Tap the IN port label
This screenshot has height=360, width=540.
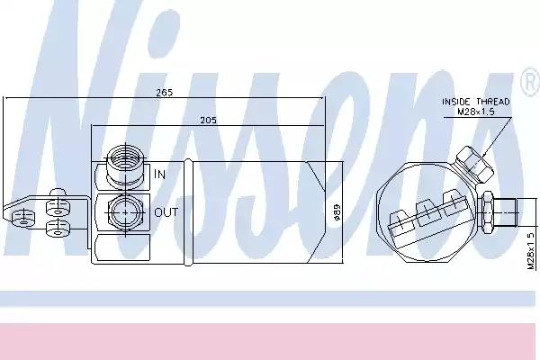pos(160,173)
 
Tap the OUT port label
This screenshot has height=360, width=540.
pos(166,213)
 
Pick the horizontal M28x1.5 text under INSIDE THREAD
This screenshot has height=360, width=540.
pos(475,112)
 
